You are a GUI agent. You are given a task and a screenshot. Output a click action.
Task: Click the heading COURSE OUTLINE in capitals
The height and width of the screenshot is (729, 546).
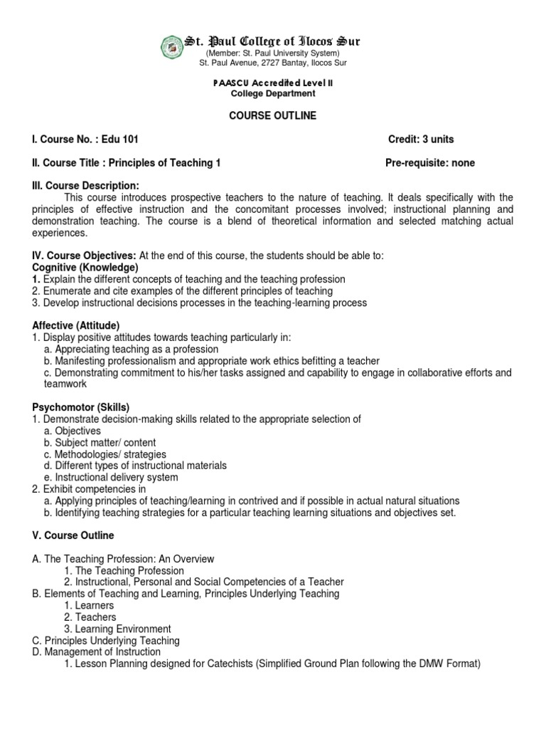pyautogui.click(x=272, y=115)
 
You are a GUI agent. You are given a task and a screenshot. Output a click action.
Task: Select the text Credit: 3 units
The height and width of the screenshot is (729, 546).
pyautogui.click(x=421, y=139)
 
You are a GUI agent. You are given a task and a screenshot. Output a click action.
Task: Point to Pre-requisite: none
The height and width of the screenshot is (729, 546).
pyautogui.click(x=429, y=162)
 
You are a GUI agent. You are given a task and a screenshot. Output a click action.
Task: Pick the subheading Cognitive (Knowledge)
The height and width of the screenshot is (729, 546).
pyautogui.click(x=85, y=267)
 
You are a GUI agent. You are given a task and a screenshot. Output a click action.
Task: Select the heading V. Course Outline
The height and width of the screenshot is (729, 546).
pyautogui.click(x=73, y=535)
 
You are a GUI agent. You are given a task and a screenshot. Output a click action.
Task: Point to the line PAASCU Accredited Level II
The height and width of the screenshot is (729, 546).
pyautogui.click(x=272, y=83)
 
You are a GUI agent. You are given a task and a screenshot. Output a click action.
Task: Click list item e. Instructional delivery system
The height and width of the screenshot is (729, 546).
pyautogui.click(x=111, y=477)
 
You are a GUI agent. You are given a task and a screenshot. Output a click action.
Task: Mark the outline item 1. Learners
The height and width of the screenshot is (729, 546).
pyautogui.click(x=89, y=605)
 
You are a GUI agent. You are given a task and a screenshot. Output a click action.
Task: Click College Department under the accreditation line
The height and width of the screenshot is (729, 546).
pyautogui.click(x=272, y=93)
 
